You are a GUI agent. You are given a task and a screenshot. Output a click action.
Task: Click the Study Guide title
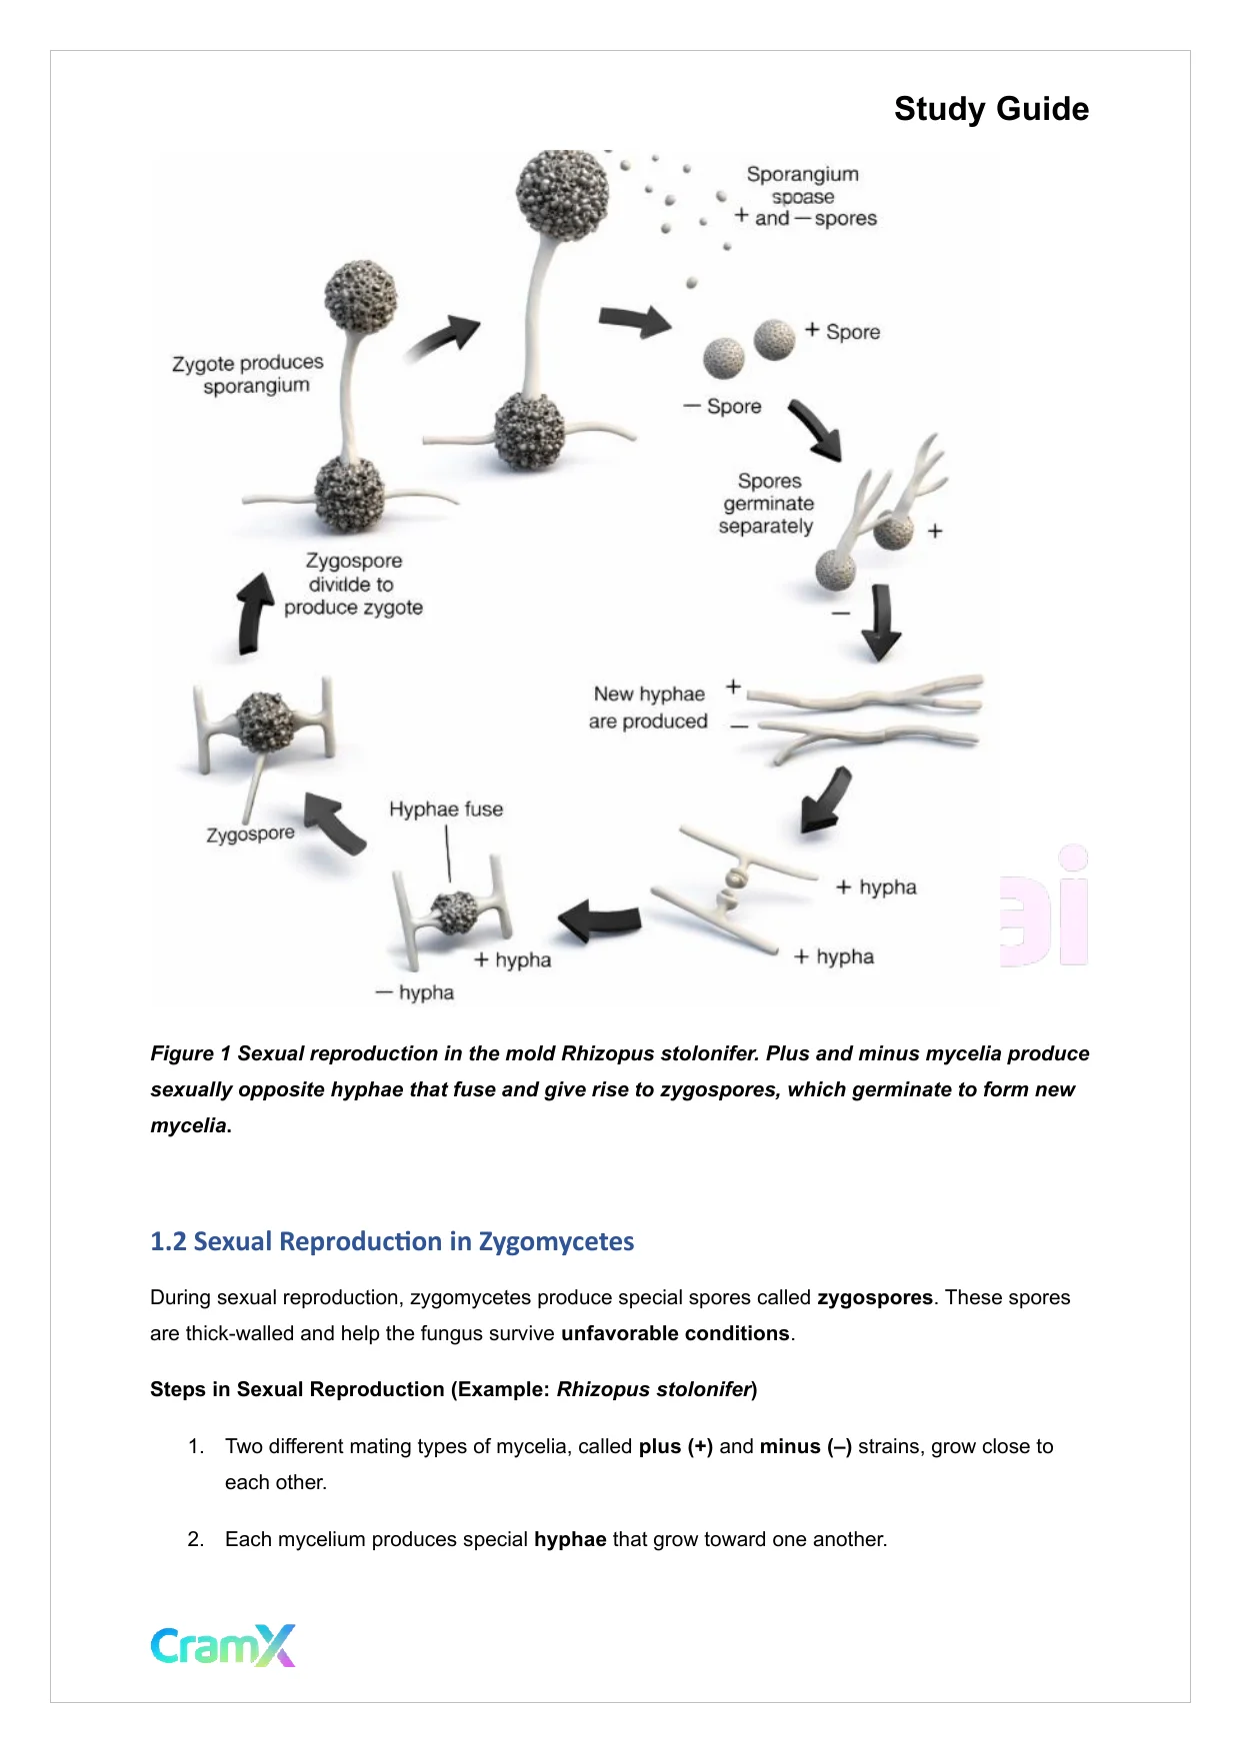coord(990,109)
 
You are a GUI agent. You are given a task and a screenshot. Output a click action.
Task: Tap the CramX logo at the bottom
coord(223,1645)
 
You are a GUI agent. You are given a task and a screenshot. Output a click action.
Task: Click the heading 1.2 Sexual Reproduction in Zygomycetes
coord(391,1241)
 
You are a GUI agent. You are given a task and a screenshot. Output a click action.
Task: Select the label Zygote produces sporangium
coord(248,374)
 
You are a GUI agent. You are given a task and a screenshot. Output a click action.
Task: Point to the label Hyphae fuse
coord(446,810)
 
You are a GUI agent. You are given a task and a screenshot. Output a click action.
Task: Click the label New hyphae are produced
coord(648,708)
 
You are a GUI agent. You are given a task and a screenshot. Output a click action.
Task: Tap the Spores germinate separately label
coord(767,504)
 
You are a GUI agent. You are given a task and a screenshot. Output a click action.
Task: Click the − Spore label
coord(723,407)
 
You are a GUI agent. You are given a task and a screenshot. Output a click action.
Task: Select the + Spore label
coord(843,332)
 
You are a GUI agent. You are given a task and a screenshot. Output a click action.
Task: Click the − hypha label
coord(415,992)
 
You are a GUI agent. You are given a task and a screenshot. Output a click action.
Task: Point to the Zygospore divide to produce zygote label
coord(353,585)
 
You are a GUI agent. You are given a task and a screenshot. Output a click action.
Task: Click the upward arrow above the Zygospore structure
coord(254,613)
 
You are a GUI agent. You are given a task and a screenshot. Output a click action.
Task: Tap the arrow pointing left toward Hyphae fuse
coord(600,919)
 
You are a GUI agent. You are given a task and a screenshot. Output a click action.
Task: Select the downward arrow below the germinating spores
coord(881,622)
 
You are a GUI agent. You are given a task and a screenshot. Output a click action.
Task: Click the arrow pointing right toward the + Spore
coord(634,321)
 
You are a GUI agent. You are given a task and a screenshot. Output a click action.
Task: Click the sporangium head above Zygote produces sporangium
coord(360,296)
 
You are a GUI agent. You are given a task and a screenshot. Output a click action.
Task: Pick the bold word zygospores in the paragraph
coord(874,1297)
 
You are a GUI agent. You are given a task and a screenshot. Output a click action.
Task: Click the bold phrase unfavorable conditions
coord(675,1333)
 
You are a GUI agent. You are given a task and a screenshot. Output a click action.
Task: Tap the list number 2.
coord(196,1539)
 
